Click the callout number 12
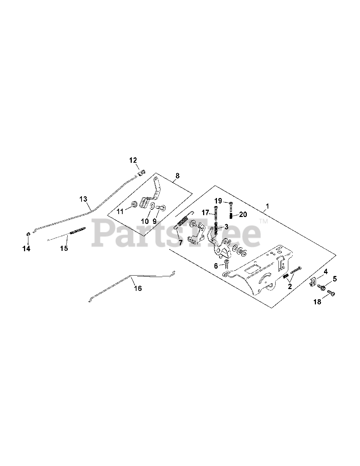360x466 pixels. coord(133,160)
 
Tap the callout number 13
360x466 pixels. coord(83,199)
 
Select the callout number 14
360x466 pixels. coord(27,249)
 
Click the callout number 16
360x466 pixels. coord(138,288)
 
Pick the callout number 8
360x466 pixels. coord(177,176)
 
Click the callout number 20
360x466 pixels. coord(243,215)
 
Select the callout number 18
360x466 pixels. coord(317,301)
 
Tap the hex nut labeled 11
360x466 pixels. coord(134,205)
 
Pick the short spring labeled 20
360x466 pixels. coord(231,216)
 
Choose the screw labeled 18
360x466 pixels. coord(331,292)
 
